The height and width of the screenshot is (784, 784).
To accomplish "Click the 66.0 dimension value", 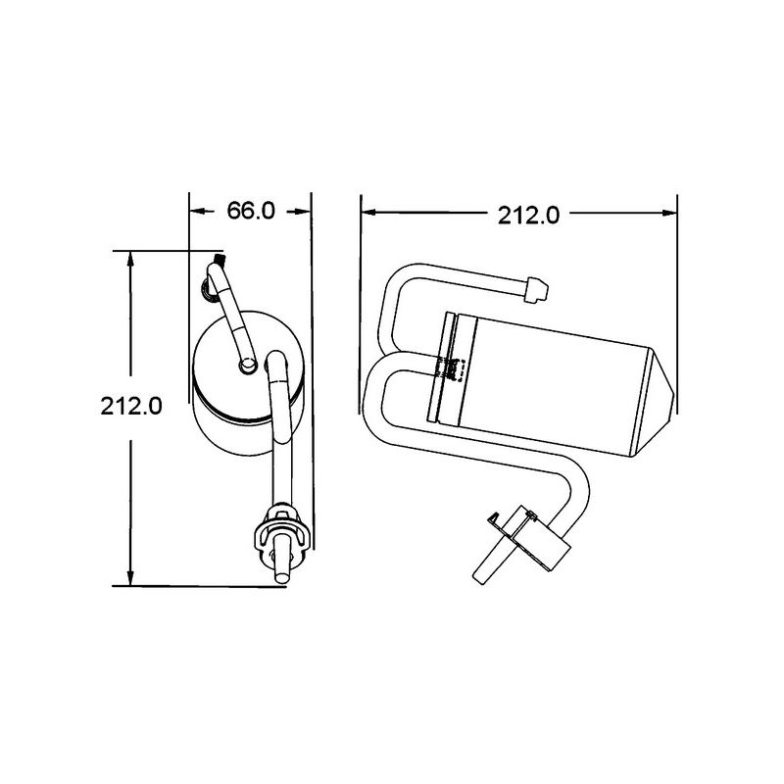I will [250, 212].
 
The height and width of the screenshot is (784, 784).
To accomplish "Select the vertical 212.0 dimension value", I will [130, 405].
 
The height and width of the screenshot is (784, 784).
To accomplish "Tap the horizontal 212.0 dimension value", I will [528, 216].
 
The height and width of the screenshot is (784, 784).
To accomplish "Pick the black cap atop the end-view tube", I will [217, 262].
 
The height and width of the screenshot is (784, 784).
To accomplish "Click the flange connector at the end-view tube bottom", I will [281, 537].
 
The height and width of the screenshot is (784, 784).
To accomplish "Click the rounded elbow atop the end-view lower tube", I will [277, 362].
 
